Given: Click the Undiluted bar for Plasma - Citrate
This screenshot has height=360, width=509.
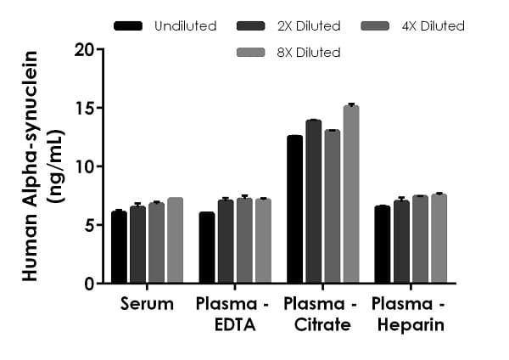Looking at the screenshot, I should point(294,209).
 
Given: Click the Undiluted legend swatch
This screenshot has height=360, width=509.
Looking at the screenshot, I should point(128,26).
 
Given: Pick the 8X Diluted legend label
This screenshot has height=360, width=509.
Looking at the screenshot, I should point(310,53).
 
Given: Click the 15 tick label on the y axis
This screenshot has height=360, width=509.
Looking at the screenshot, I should point(84,108).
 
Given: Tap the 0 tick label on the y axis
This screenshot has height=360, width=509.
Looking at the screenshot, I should point(88,284).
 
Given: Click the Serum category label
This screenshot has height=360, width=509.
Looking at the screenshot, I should point(147,304).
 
